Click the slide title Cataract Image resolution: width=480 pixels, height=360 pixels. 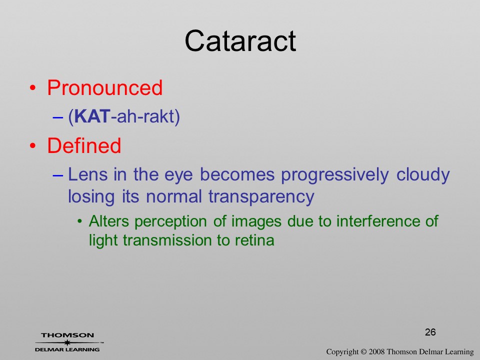(x=240, y=41)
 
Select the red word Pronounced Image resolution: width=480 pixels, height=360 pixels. (x=104, y=88)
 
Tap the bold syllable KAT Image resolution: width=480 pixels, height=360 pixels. (x=92, y=116)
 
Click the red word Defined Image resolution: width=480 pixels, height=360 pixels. (x=84, y=145)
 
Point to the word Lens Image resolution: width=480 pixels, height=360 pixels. (x=88, y=174)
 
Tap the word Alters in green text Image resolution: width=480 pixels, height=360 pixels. (x=109, y=221)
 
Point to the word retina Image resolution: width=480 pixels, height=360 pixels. (x=254, y=240)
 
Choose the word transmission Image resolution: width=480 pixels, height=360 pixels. (x=167, y=240)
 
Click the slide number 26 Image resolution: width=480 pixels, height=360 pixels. (x=430, y=332)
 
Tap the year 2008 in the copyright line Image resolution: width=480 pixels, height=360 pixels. (x=376, y=351)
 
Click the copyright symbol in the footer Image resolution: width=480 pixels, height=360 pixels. (x=363, y=351)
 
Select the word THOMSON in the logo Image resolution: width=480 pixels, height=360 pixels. (x=67, y=335)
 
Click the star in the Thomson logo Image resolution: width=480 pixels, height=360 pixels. (x=67, y=342)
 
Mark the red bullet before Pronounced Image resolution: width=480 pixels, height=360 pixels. (x=33, y=88)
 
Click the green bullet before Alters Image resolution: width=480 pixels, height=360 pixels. (x=80, y=221)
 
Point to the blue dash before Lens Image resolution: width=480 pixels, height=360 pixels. (x=58, y=175)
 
